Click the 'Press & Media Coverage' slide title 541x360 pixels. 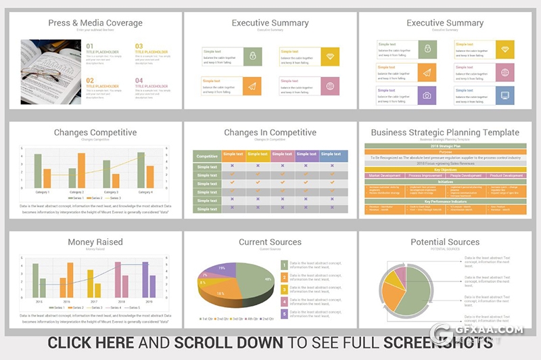(x=95, y=23)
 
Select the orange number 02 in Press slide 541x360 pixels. (x=90, y=81)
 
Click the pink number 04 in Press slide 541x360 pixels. (x=139, y=81)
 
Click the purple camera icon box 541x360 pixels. (x=427, y=95)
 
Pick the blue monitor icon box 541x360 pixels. (x=504, y=95)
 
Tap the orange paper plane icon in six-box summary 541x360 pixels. (x=427, y=72)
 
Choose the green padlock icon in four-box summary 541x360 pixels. (x=252, y=56)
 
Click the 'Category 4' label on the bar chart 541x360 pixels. (x=146, y=192)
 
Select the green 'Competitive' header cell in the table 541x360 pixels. (x=207, y=156)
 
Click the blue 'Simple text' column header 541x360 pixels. (x=331, y=154)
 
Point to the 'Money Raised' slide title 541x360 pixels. (x=95, y=242)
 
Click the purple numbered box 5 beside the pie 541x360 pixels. (x=284, y=315)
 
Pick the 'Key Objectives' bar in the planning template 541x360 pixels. (x=444, y=169)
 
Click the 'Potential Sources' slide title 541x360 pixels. (x=445, y=242)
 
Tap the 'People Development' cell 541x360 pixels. (x=466, y=176)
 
